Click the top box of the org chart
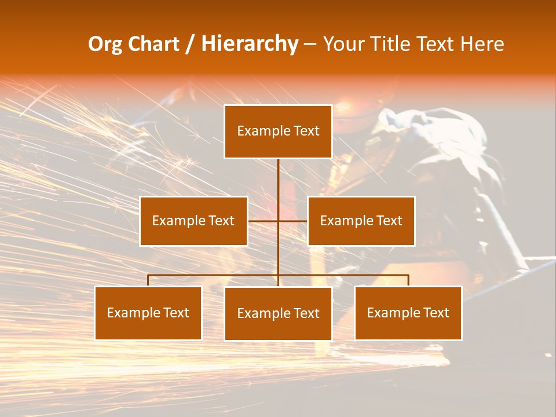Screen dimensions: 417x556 (278, 131)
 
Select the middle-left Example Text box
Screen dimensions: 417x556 (193, 221)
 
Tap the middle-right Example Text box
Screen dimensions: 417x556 (361, 221)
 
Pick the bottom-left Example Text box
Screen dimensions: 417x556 (148, 313)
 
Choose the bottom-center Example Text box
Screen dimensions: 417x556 (278, 313)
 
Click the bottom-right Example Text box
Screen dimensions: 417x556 (408, 313)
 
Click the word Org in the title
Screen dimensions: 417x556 (104, 44)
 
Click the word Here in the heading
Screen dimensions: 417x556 (482, 44)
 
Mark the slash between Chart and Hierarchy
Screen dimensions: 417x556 (190, 44)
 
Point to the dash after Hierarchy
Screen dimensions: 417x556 (310, 44)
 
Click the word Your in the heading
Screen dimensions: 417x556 (344, 44)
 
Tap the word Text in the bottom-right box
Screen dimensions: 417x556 (435, 313)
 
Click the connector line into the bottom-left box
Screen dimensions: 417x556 (148, 280)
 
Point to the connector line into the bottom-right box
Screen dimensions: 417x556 (408, 280)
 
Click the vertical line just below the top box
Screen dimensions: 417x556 (278, 174)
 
